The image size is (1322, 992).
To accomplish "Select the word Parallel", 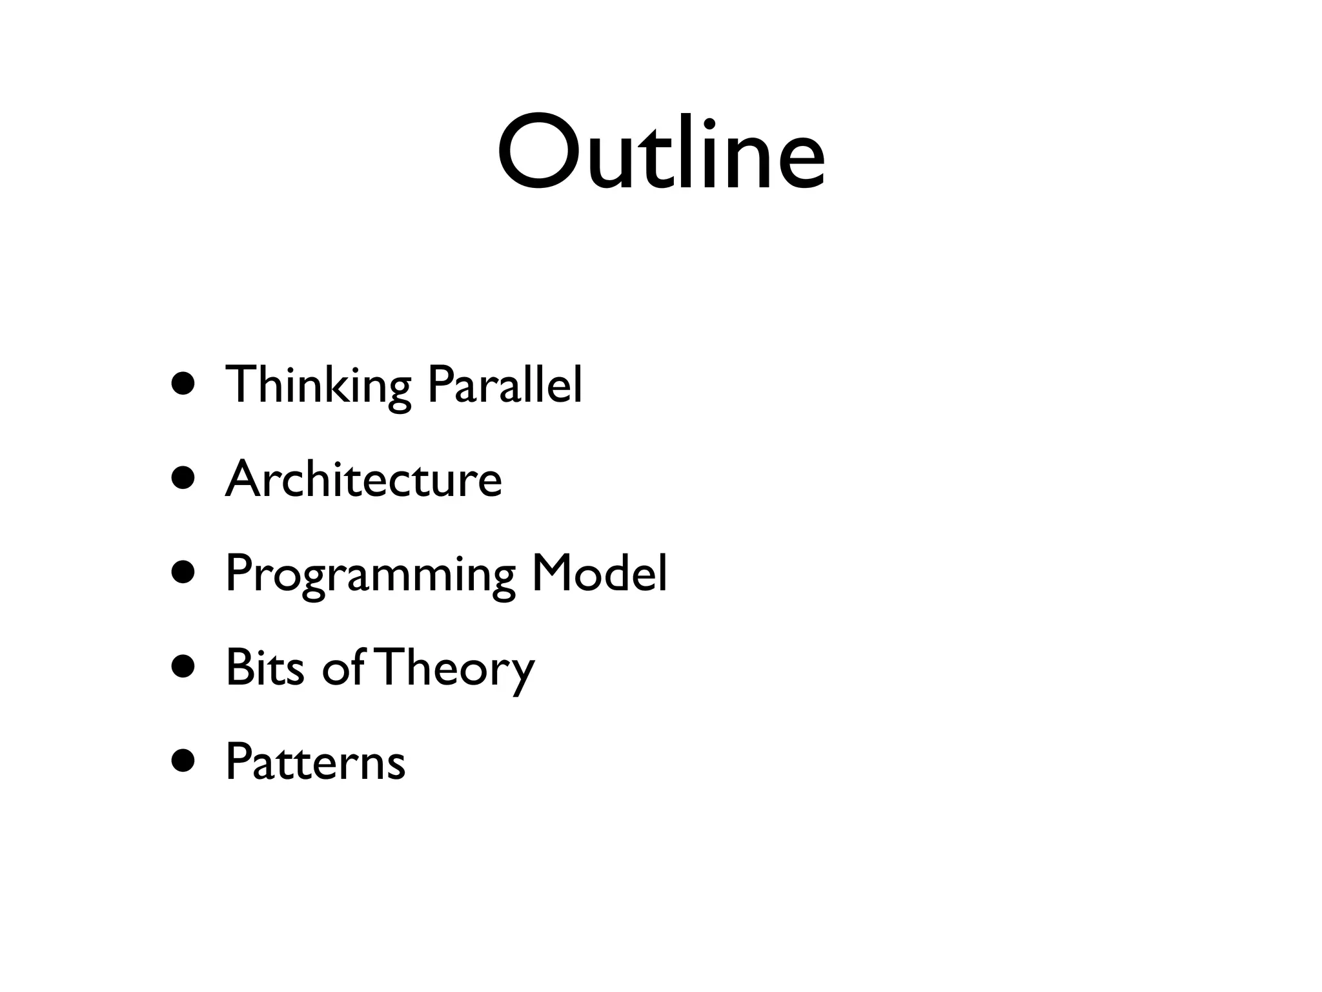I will coord(505,385).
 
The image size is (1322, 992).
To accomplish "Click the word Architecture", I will coord(363,479).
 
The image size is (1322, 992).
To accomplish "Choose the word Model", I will coord(599,573).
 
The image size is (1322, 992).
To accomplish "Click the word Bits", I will coord(265,667).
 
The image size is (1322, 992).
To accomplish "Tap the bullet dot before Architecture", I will coord(183,479).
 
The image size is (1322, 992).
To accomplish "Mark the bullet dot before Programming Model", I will coord(183,573).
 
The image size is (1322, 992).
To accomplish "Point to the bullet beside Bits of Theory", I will coord(183,667).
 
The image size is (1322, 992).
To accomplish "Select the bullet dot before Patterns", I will coord(183,761).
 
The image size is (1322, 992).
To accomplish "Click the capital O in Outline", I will coord(540,154).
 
